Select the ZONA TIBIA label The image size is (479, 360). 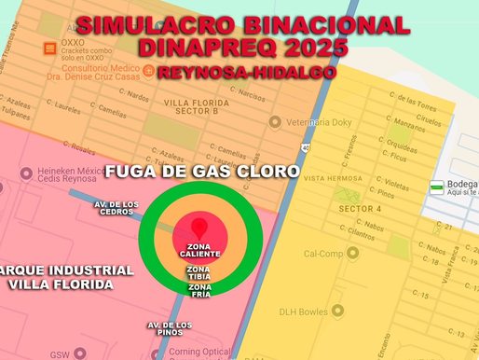(199, 272)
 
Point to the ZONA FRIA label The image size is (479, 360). (199, 290)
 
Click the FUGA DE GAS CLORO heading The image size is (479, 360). (201, 172)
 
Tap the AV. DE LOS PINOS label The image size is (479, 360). (170, 327)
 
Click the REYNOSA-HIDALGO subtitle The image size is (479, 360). (247, 71)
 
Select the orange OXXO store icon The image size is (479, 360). (49, 48)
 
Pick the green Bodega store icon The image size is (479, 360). (436, 187)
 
